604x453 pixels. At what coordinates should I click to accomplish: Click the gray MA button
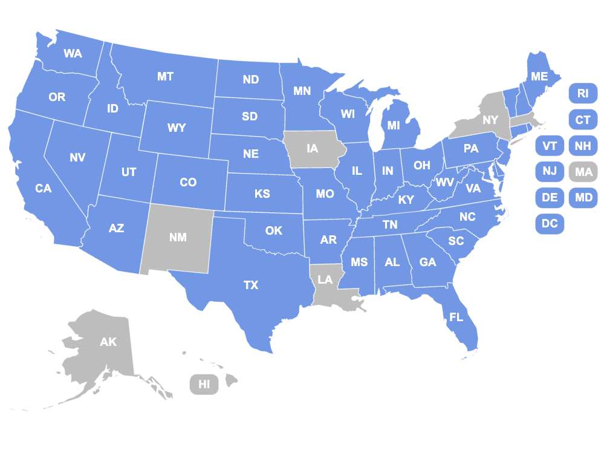(x=583, y=172)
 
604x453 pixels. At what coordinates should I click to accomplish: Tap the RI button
(x=583, y=93)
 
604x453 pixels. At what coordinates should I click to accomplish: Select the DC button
(x=550, y=224)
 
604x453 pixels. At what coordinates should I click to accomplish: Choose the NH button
(x=583, y=146)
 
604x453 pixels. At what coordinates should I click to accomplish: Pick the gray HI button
(x=204, y=384)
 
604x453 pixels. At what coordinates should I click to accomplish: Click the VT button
(x=550, y=146)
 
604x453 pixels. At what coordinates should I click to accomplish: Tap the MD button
(x=583, y=198)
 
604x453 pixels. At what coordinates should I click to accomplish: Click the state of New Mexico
(x=178, y=237)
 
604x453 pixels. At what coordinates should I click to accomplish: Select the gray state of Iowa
(x=312, y=148)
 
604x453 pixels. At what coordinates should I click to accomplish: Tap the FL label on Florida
(x=456, y=317)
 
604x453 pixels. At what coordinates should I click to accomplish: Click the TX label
(x=251, y=285)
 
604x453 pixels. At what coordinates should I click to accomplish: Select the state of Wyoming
(x=177, y=128)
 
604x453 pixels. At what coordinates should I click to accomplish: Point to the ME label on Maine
(x=539, y=77)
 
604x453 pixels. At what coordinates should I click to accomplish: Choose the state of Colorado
(x=188, y=182)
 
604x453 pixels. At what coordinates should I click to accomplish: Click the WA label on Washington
(x=73, y=53)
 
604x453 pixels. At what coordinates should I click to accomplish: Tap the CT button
(x=583, y=120)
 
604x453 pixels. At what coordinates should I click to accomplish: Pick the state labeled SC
(x=456, y=241)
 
